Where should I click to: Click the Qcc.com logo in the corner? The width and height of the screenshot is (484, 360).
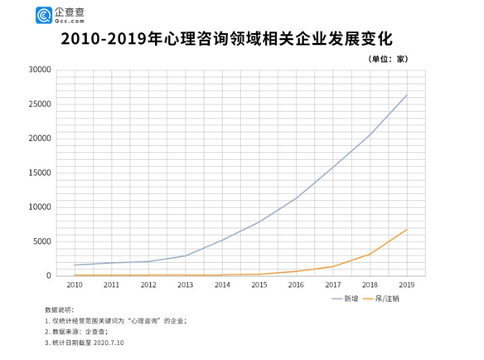60,14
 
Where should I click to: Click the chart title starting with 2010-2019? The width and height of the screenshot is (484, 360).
241,39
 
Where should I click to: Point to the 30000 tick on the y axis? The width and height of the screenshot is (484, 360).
40,70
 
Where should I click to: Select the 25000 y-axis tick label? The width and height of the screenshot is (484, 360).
40,105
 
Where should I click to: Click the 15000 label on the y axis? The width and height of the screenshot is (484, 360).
40,173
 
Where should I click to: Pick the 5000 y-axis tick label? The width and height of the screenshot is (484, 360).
42,241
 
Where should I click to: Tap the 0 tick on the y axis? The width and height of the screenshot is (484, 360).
49,275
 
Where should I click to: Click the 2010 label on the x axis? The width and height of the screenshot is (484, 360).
75,285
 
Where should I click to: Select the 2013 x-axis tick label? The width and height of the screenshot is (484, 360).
186,285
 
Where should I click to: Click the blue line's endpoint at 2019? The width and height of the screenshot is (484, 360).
407,95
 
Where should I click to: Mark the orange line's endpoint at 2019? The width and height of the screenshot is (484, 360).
407,229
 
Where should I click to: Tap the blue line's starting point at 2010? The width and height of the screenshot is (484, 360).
75,265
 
